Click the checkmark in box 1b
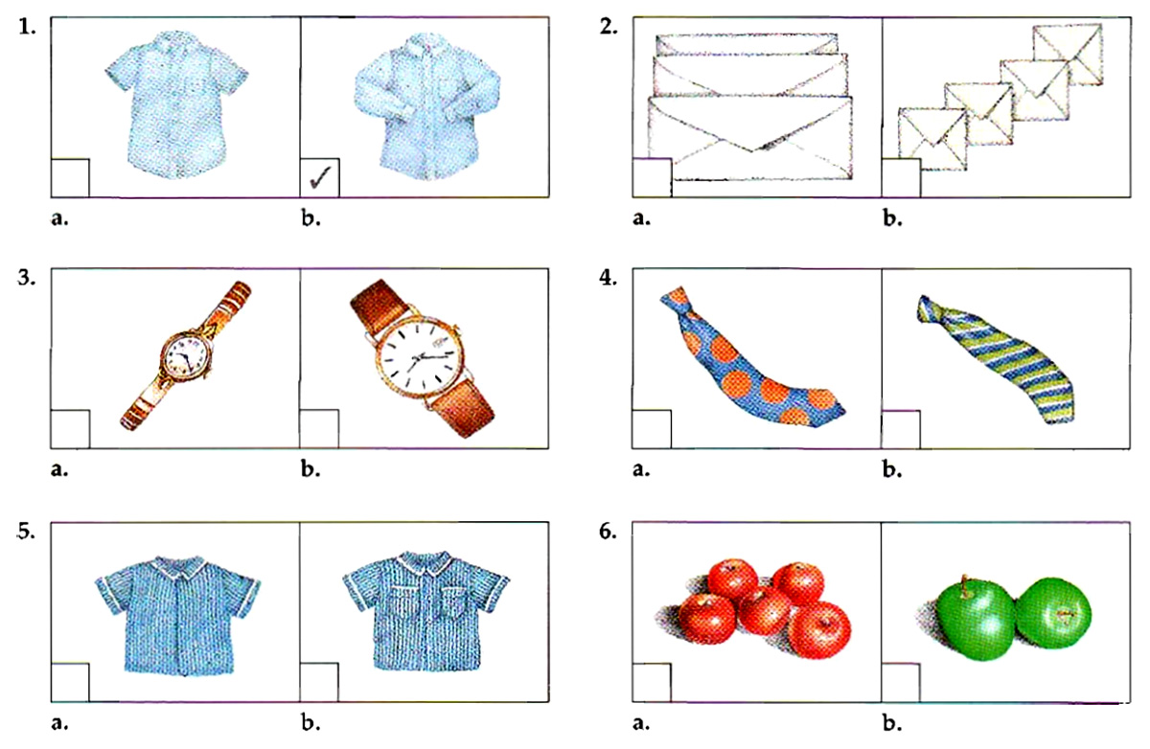(x=319, y=177)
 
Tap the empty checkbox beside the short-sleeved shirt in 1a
(x=69, y=177)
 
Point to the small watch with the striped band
(x=186, y=355)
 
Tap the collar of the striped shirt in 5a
(x=177, y=566)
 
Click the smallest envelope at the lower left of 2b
(x=932, y=135)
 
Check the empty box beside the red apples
(x=652, y=681)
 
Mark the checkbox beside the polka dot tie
(x=652, y=428)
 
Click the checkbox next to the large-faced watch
(x=319, y=428)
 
